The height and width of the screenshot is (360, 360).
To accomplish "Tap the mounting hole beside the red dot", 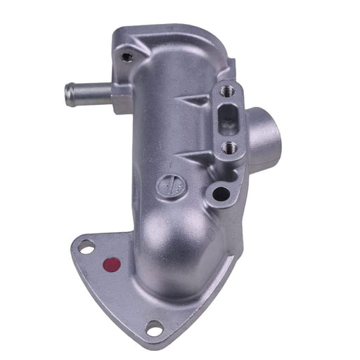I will tap(86, 247).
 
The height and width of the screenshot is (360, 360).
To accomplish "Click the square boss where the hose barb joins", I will tap(120, 96).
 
